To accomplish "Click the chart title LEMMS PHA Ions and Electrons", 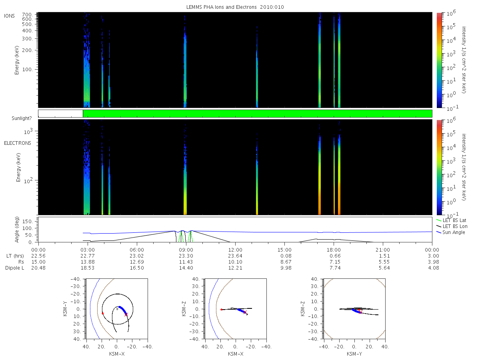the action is click(221, 7).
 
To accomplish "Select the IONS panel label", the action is click(9, 16).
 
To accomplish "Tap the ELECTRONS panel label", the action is click(18, 143).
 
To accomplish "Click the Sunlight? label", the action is click(22, 118).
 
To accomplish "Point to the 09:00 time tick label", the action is click(186, 250).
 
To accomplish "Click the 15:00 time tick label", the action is click(284, 250).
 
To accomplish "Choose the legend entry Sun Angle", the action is click(454, 232).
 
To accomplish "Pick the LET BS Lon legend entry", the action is click(455, 226).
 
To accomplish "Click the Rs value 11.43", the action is click(186, 262).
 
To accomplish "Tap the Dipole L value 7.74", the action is click(335, 268).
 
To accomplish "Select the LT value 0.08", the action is click(286, 256).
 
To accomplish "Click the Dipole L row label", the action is click(15, 268).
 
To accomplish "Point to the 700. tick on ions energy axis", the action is click(27, 15).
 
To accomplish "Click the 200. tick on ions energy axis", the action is click(27, 50).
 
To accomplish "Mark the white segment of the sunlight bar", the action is click(60, 114).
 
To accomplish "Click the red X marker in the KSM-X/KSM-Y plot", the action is click(126, 314).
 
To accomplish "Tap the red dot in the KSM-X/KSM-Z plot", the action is click(221, 310).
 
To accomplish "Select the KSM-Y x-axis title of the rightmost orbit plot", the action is click(354, 354).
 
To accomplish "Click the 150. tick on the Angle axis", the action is click(28, 222).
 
